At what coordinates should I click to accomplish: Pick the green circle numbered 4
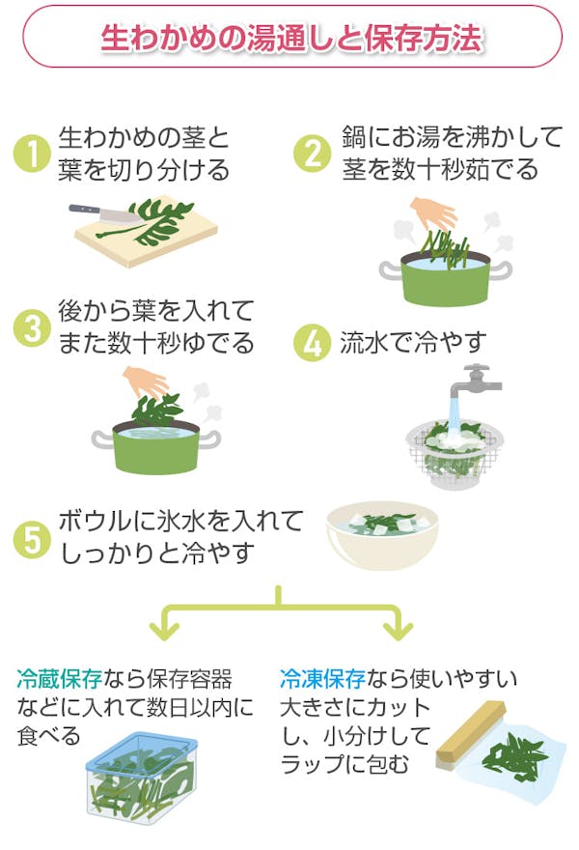[x=312, y=343]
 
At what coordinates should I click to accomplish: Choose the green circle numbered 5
[x=33, y=539]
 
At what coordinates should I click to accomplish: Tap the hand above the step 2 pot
[x=433, y=212]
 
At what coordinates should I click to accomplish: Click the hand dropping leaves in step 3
[x=146, y=382]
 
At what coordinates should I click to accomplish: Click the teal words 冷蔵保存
[x=52, y=679]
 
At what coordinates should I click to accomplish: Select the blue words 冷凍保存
[x=315, y=679]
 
